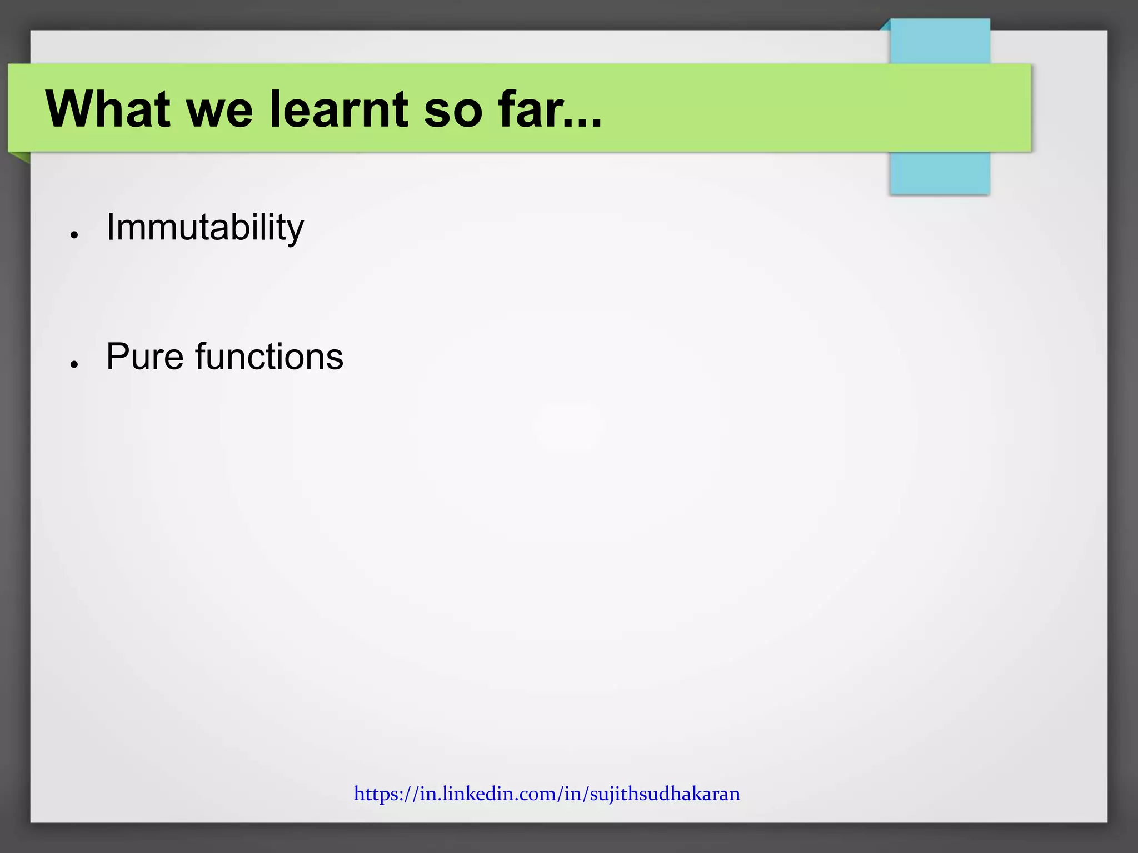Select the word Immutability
click(205, 228)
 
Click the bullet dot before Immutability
click(73, 235)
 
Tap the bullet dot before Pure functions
click(73, 364)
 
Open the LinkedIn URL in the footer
click(547, 794)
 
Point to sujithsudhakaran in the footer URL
click(665, 794)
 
